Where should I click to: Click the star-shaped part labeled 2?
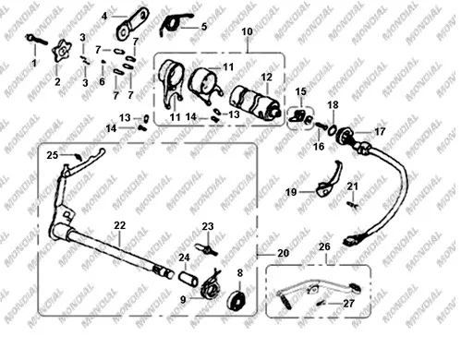[x=63, y=51]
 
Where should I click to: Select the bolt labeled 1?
[x=36, y=39]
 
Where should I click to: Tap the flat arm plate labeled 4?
[x=132, y=24]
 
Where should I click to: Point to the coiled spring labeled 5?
[x=174, y=23]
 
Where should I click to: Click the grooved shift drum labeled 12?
[x=255, y=102]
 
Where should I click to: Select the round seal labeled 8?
[x=237, y=300]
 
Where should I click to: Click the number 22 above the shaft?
[x=119, y=225]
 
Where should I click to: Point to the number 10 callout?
[x=247, y=31]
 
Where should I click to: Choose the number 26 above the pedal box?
[x=324, y=246]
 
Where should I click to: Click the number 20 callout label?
[x=284, y=253]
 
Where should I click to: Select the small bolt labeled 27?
[x=321, y=303]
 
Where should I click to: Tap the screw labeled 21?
[x=353, y=205]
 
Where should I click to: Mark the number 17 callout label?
[x=380, y=132]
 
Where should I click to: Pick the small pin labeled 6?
[x=103, y=61]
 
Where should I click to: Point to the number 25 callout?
[x=53, y=155]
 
